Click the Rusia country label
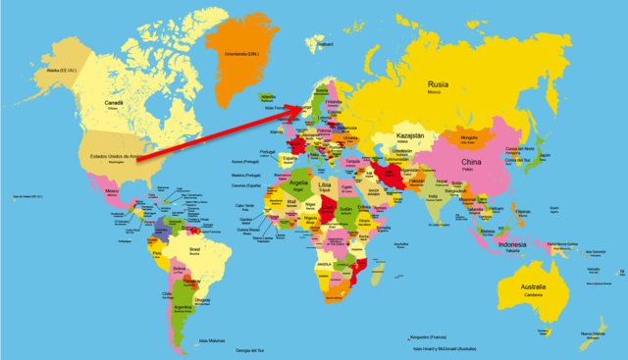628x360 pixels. (437, 84)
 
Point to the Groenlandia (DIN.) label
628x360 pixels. (240, 53)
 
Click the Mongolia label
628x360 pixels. (469, 138)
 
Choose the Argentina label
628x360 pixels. (183, 307)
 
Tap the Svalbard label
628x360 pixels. (328, 43)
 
